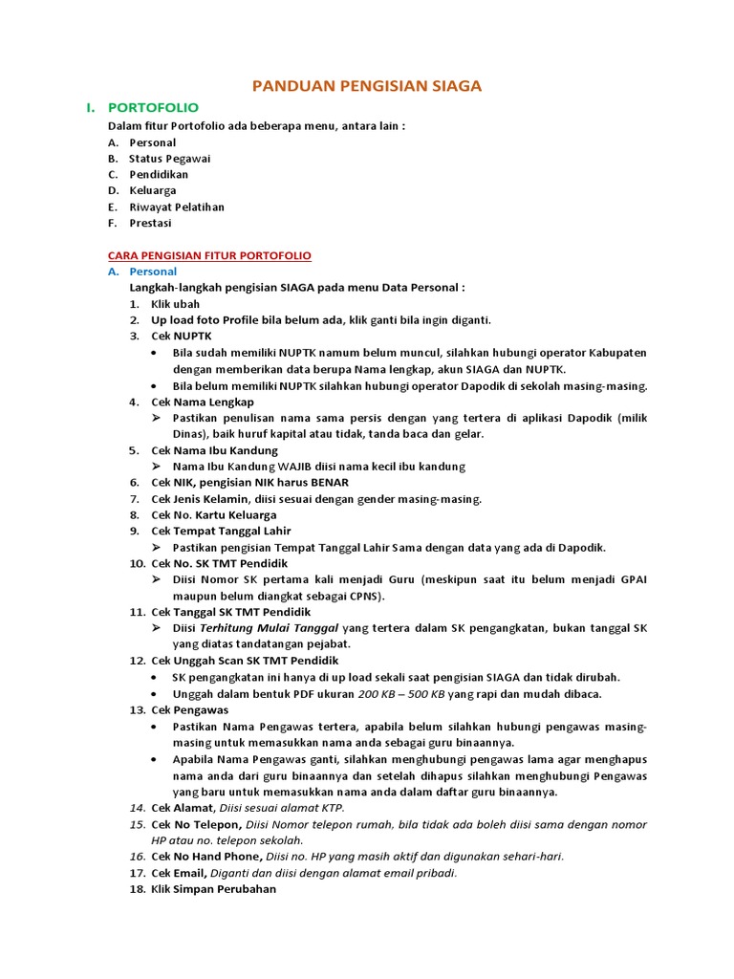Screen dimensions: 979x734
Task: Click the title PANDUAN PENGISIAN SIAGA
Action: tap(367, 86)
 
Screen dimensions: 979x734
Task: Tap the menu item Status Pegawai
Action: tap(170, 159)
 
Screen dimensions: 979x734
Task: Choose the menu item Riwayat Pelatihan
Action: tap(177, 207)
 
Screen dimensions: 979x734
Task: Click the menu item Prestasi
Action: tap(151, 223)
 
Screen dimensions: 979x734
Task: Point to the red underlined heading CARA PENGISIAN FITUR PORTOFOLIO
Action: tap(209, 256)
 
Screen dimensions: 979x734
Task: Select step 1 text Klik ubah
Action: tap(176, 304)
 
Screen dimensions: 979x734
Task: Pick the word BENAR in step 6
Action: tap(329, 482)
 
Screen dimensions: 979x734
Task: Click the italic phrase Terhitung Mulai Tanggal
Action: tap(269, 628)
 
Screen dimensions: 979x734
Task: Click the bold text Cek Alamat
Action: tap(183, 808)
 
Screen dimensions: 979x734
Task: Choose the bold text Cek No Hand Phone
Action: tap(206, 857)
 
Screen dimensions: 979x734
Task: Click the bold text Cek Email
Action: tap(181, 873)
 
